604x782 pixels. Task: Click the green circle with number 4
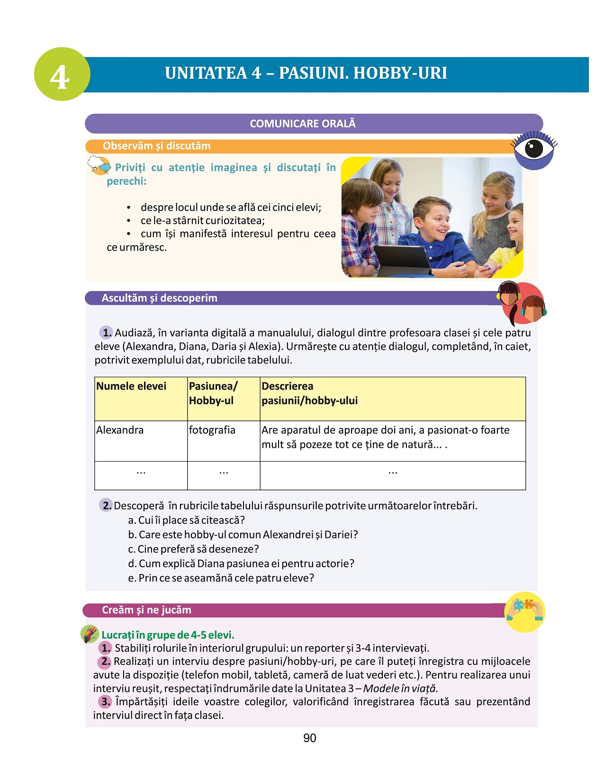pyautogui.click(x=62, y=74)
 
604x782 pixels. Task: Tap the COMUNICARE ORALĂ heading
pyautogui.click(x=303, y=124)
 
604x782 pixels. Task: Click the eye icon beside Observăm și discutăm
pyautogui.click(x=533, y=149)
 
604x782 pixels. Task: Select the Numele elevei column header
pyautogui.click(x=131, y=386)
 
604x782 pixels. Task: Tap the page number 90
pyautogui.click(x=310, y=738)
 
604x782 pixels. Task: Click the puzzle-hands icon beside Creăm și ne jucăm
pyautogui.click(x=524, y=612)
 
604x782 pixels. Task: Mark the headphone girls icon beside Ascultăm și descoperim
pyautogui.click(x=521, y=303)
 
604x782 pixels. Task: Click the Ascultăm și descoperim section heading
pyautogui.click(x=160, y=298)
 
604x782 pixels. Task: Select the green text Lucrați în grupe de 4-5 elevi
pyautogui.click(x=168, y=635)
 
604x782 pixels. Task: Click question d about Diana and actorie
pyautogui.click(x=241, y=564)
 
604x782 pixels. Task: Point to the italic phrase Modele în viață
pyautogui.click(x=400, y=689)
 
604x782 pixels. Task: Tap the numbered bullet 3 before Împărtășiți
pyautogui.click(x=105, y=702)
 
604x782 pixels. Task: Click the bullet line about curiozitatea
pyautogui.click(x=202, y=221)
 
